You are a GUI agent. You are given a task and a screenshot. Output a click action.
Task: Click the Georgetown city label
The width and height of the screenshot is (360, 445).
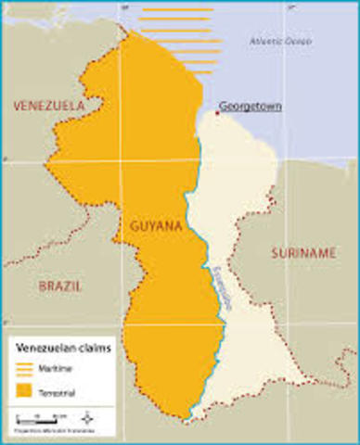click(x=251, y=106)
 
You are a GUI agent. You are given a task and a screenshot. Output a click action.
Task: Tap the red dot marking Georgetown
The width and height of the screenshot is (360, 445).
click(x=218, y=112)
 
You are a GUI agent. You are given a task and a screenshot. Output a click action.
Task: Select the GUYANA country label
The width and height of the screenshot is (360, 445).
click(x=147, y=225)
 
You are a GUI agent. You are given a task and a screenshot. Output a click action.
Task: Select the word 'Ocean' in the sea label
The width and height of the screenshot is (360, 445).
click(x=299, y=42)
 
